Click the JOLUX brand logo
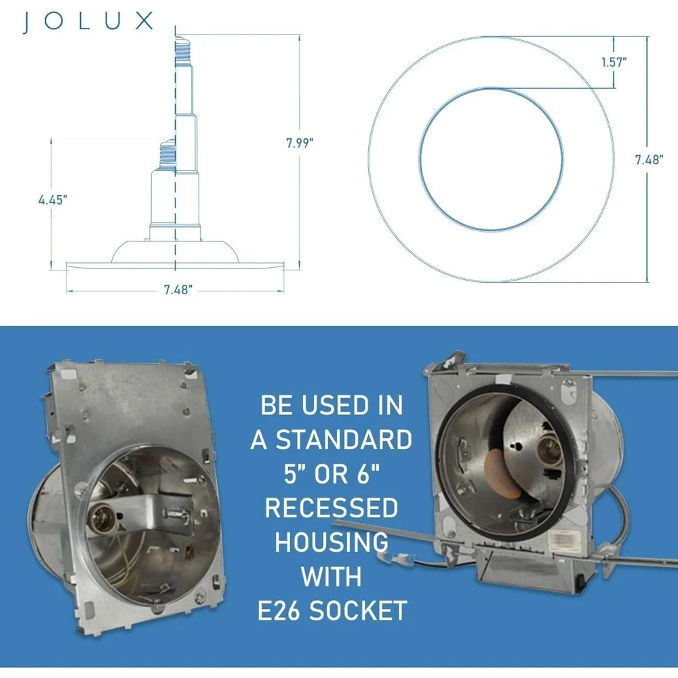pos(87,22)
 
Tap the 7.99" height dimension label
pos(299,142)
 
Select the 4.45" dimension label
pos(53,200)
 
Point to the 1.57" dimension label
pos(614,62)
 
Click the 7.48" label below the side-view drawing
pos(178,290)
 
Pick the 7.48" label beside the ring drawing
pos(649,159)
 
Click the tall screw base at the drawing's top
pos(183,52)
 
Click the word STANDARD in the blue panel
pos(344,440)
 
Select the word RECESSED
pos(332,508)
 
